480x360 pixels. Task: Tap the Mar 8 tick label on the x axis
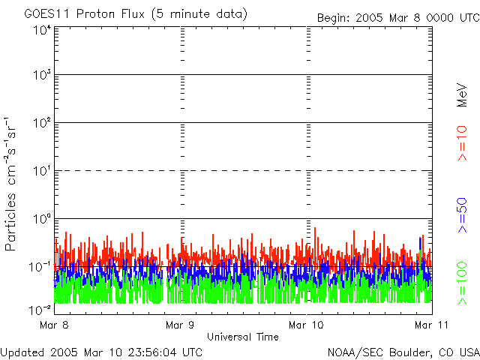click(55, 325)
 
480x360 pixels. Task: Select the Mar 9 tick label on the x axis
click(180, 325)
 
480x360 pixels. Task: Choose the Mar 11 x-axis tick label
click(427, 325)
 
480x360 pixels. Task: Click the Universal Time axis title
click(242, 337)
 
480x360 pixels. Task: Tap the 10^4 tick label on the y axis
click(41, 31)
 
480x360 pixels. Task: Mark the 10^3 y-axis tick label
click(41, 75)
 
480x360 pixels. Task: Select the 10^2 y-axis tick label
click(41, 122)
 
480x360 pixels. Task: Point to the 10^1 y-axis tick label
click(41, 170)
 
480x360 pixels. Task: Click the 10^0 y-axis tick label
click(41, 218)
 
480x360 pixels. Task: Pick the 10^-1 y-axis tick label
click(40, 266)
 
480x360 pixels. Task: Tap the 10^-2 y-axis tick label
click(40, 309)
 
